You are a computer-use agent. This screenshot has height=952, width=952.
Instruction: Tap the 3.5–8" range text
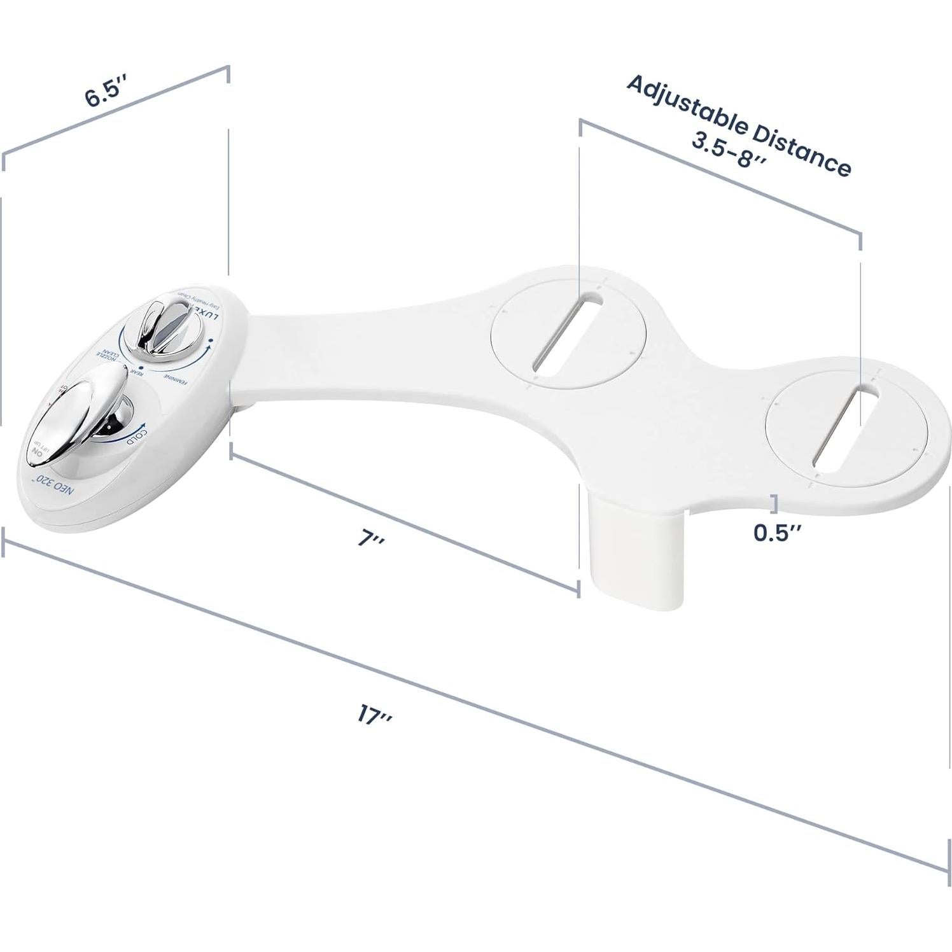[x=729, y=151]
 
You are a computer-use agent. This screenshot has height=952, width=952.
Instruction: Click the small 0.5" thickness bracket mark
[x=773, y=503]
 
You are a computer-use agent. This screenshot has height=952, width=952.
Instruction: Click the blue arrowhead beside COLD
[x=144, y=426]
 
